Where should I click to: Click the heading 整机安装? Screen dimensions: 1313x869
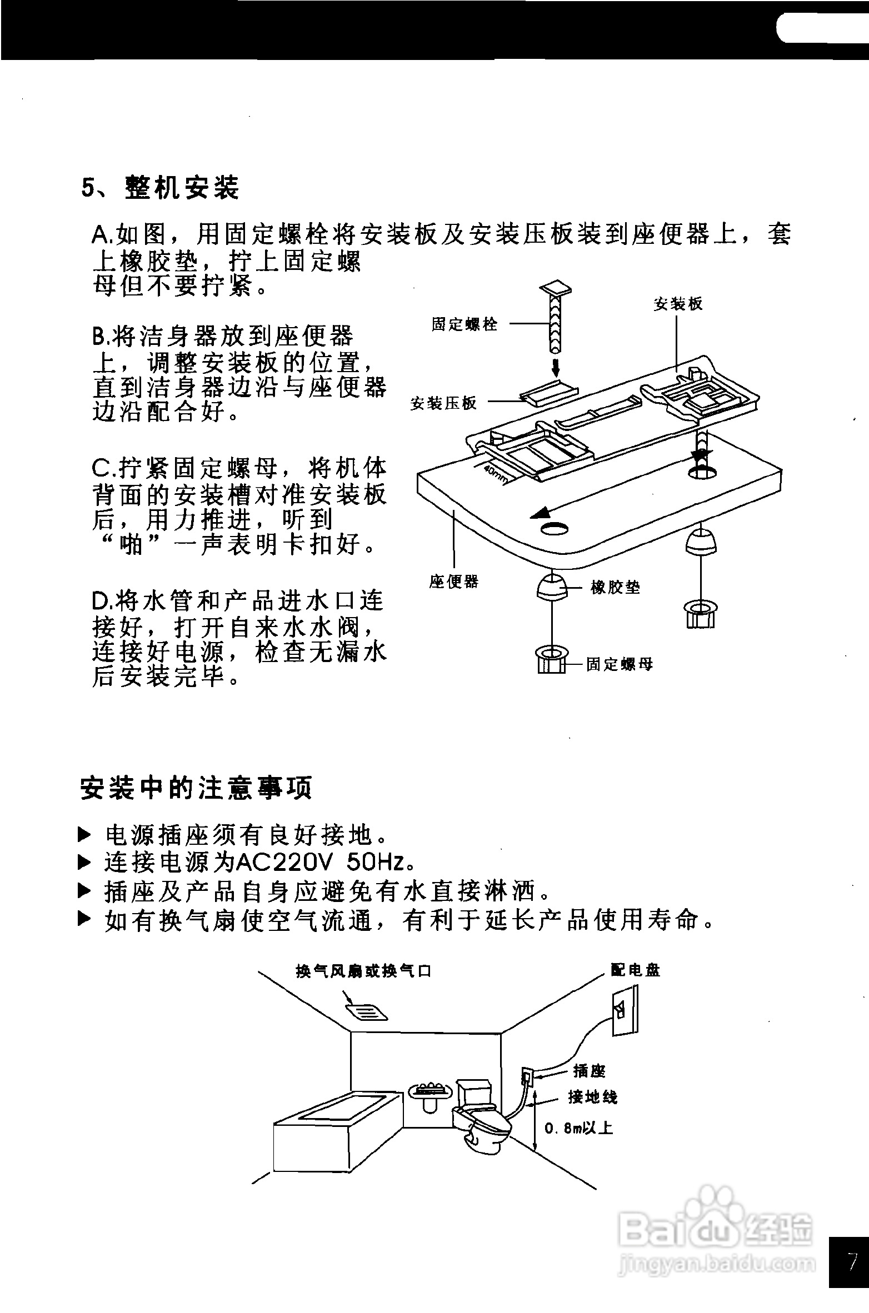click(182, 188)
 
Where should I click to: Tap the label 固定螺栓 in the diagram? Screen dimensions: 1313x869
click(465, 324)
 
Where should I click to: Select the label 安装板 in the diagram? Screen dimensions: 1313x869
click(678, 304)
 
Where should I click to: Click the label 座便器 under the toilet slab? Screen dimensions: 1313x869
click(453, 582)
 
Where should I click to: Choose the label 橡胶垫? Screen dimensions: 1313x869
click(615, 588)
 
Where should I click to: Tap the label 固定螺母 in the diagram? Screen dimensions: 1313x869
click(620, 664)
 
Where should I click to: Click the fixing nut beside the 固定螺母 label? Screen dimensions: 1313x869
click(551, 660)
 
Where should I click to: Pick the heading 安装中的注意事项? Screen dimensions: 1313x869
click(196, 788)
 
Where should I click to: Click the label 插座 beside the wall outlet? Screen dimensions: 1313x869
click(589, 1071)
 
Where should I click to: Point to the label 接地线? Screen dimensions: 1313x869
click(592, 1097)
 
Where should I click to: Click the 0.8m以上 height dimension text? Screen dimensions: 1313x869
click(578, 1128)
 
